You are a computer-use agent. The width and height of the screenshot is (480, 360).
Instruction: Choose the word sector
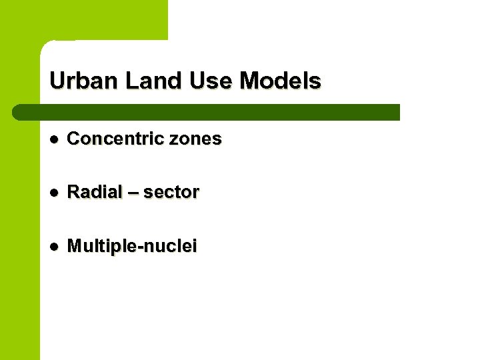click(171, 192)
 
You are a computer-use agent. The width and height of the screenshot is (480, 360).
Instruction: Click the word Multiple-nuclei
click(132, 246)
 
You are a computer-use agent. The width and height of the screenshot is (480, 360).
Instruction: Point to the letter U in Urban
click(57, 81)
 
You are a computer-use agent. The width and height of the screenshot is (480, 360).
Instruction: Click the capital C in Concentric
click(74, 139)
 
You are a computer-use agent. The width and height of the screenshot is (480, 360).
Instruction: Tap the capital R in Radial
click(73, 192)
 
